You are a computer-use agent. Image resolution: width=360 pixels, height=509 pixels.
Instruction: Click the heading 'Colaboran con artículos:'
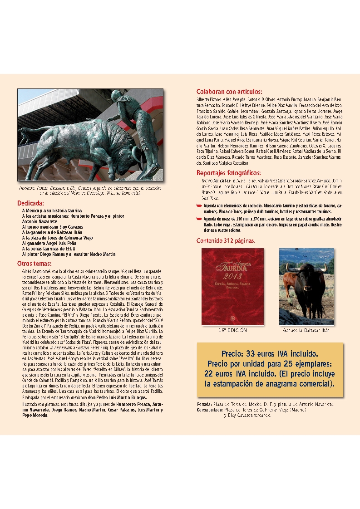coord(229,91)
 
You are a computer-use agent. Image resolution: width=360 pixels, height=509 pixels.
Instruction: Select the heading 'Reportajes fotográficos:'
coord(228,173)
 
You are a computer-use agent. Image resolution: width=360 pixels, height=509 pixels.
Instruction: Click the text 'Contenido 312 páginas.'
coord(225,240)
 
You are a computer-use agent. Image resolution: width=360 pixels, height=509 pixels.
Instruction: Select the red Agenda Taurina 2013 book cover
coord(232,286)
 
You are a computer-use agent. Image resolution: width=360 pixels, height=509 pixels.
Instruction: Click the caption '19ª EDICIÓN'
coord(232,330)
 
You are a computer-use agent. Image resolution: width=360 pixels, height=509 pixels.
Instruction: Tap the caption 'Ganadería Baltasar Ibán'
coord(306,330)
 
